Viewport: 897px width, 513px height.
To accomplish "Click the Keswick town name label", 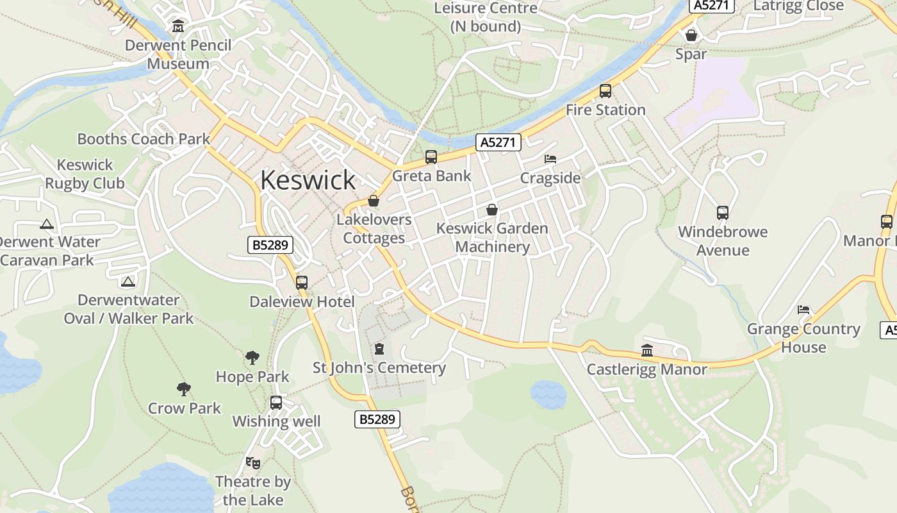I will pos(308,180).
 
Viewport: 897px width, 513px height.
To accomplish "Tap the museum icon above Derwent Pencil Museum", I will pos(178,26).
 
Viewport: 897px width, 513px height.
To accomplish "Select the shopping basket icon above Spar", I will pos(691,35).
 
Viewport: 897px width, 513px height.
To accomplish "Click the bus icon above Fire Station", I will pos(605,91).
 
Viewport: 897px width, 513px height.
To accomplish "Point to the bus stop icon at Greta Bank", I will pos(431,157).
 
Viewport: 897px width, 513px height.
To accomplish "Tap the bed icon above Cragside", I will pos(550,159).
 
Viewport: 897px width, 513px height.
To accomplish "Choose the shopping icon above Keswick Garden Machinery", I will pos(491,210).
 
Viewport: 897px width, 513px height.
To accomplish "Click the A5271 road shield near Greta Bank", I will pos(498,142).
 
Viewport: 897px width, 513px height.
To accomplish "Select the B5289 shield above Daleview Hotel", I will pos(270,244).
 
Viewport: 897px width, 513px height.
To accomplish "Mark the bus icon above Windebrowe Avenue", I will pos(722,213).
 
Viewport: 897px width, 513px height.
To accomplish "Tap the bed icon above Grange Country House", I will pos(803,310).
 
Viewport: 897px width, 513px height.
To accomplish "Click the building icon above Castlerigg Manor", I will pos(646,351).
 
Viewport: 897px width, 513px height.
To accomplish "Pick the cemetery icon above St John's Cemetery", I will pos(379,349).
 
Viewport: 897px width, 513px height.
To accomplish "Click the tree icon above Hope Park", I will pos(252,358).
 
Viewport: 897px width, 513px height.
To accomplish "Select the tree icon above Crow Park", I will pos(184,389).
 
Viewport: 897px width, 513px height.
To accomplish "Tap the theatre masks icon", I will pos(253,462).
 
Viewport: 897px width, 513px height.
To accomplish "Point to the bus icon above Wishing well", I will pos(276,403).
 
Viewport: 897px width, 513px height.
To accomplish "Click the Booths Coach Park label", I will pos(144,139).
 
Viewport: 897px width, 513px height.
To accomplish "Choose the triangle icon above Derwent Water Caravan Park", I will pos(46,224).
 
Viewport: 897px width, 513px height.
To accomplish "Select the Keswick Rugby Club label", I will pos(85,174).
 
